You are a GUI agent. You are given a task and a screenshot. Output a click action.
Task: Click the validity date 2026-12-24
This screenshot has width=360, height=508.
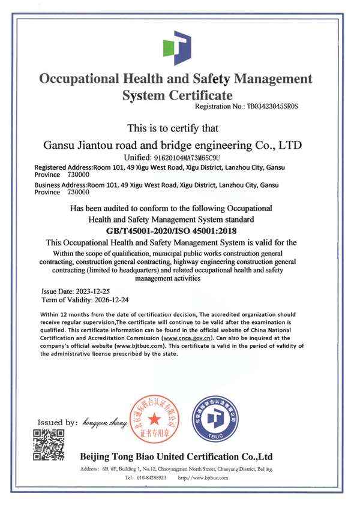click(106, 298)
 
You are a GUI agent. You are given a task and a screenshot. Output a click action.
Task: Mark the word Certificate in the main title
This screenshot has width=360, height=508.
click(195, 95)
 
